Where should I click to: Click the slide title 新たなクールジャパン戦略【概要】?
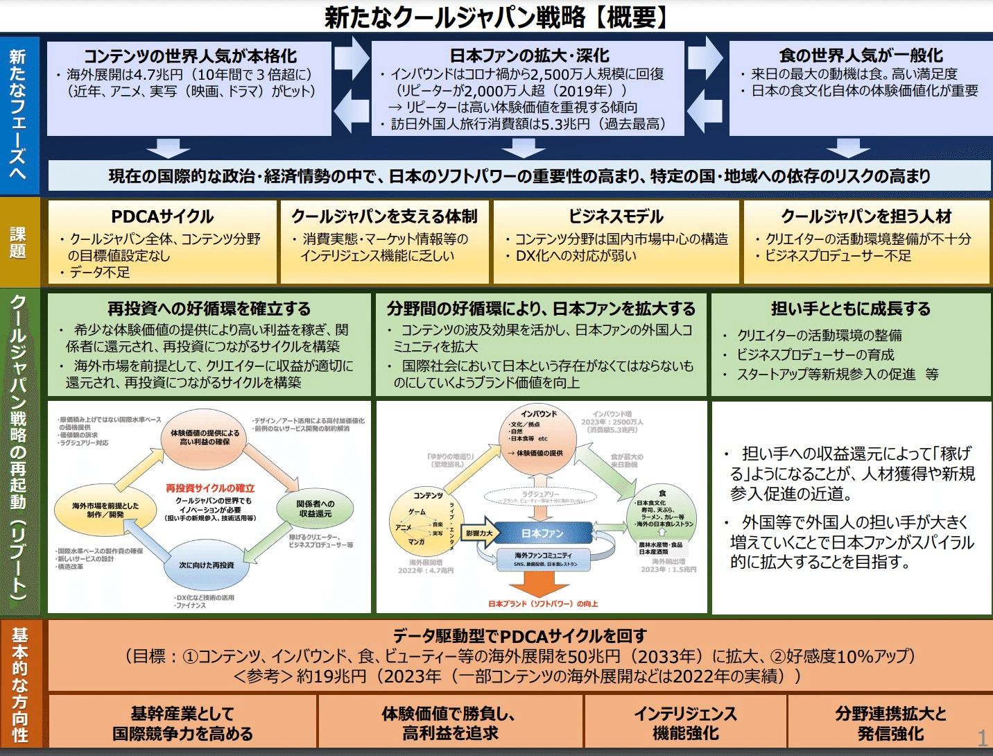pos(497,17)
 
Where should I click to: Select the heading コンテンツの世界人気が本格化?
pos(190,56)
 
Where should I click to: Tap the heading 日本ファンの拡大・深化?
pos(529,55)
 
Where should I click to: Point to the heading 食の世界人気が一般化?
pos(861,55)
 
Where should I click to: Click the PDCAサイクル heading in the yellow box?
pos(162,216)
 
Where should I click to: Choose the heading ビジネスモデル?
pos(616,216)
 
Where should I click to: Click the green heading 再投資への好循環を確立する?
pos(209,309)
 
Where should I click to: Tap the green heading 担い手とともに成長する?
pos(851,309)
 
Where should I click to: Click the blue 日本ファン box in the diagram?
pos(542,533)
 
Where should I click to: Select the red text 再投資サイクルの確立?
pos(210,488)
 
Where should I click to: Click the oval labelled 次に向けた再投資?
pos(206,565)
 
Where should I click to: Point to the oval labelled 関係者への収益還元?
pos(316,508)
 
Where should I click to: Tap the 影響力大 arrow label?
pos(480,533)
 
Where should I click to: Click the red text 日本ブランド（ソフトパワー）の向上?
pos(543,603)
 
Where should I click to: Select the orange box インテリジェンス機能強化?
pos(685,723)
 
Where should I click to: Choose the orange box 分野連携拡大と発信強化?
pos(890,723)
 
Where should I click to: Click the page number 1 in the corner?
pos(982,738)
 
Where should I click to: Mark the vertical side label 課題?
pos(19,242)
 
